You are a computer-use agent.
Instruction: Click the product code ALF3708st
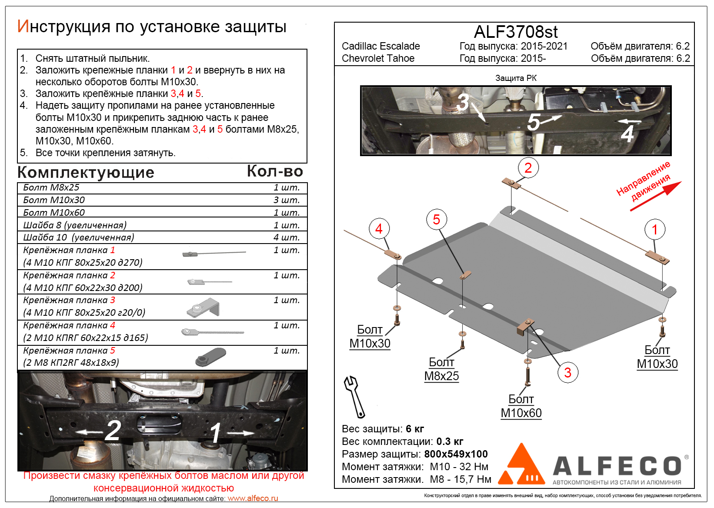[515, 32]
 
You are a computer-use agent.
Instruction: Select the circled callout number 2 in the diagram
[528, 168]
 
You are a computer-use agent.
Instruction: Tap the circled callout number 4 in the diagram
[379, 229]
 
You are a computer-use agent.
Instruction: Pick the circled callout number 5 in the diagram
[437, 220]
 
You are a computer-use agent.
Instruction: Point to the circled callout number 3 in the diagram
[567, 372]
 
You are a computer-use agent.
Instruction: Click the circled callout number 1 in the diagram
[655, 230]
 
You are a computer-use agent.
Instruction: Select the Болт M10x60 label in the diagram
[521, 406]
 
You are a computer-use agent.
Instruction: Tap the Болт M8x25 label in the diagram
[441, 369]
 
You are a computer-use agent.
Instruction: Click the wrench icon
[354, 396]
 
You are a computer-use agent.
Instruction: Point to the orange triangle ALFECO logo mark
[521, 465]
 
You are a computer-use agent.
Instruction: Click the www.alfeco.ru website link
[253, 498]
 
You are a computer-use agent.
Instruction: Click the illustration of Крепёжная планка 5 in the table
[211, 357]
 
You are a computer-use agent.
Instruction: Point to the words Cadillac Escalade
[380, 46]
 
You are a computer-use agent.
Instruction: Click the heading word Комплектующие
[86, 173]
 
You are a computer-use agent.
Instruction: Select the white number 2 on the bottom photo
[113, 431]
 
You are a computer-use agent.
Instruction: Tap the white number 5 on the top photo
[533, 122]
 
